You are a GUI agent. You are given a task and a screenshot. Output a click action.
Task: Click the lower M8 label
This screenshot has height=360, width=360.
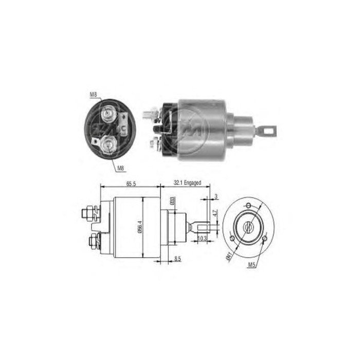click(120, 167)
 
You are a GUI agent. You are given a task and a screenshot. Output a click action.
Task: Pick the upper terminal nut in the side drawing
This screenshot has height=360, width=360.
click(88, 211)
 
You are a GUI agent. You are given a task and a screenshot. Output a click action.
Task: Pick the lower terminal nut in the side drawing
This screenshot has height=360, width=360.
click(94, 240)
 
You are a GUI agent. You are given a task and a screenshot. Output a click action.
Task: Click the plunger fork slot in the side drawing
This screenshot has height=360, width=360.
click(202, 225)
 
